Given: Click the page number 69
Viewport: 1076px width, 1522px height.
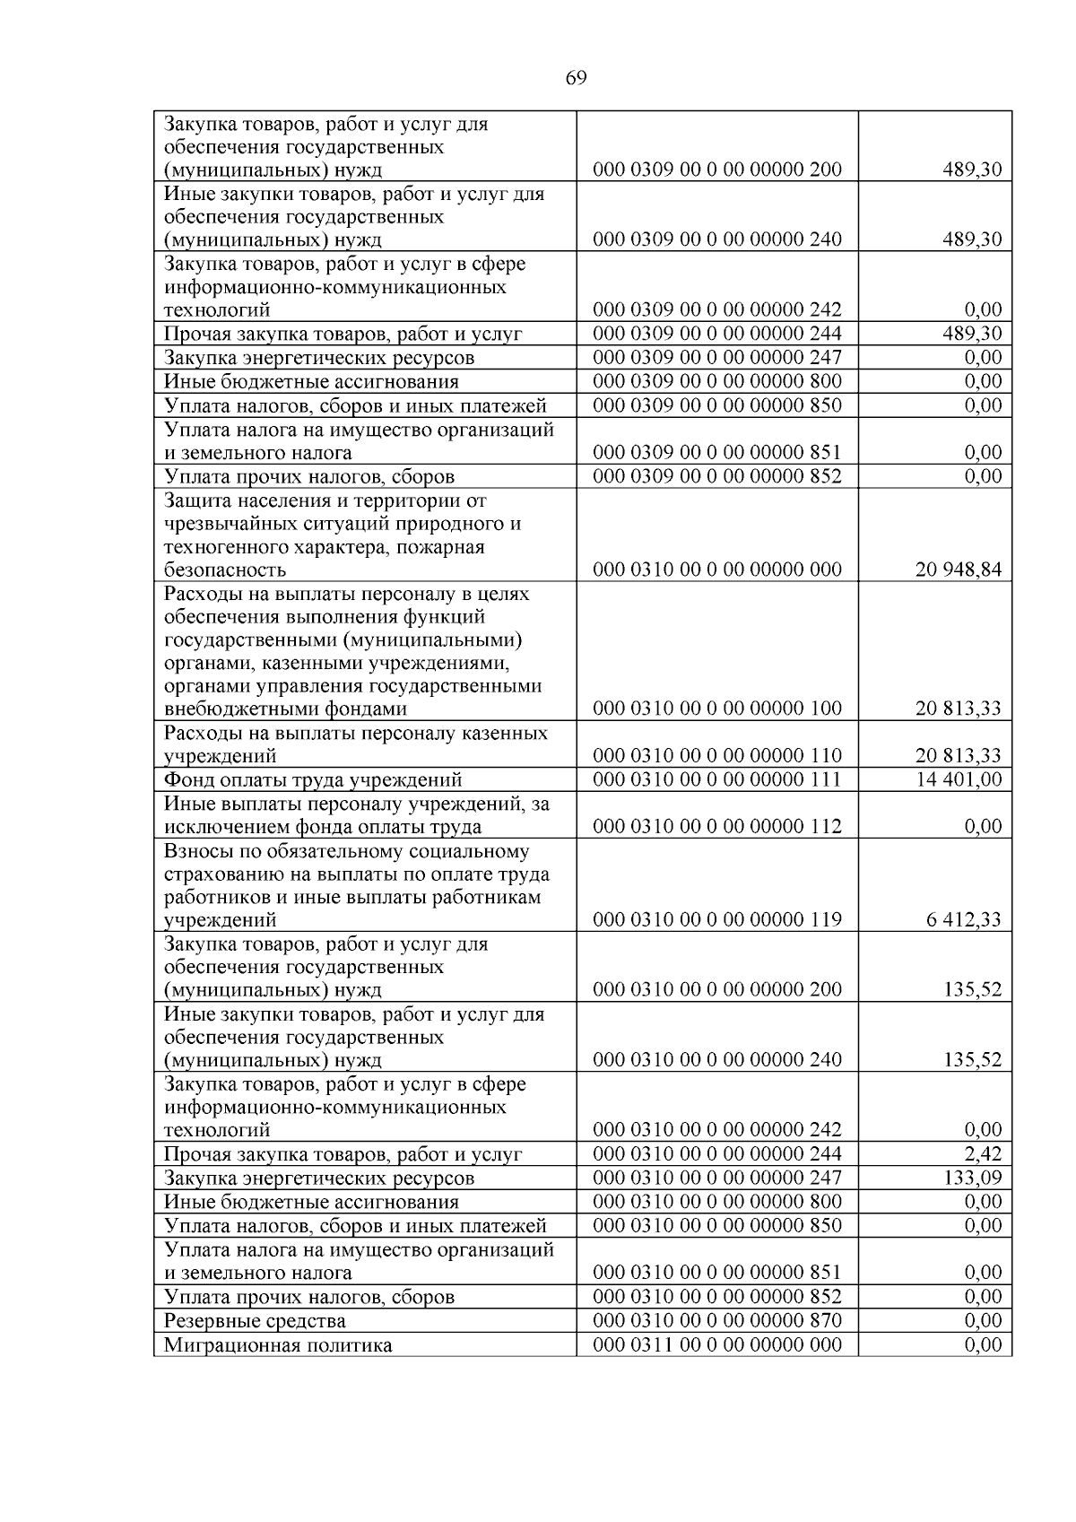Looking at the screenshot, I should [577, 79].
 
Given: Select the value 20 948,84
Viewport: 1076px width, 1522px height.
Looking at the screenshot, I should [958, 570].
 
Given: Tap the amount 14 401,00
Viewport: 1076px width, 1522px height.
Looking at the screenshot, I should [958, 779].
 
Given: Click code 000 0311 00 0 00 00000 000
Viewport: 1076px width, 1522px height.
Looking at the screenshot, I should [717, 1344].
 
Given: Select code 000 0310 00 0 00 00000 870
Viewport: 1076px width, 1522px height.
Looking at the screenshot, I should [717, 1320].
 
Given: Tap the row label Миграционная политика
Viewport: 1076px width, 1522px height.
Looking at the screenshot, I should [278, 1345].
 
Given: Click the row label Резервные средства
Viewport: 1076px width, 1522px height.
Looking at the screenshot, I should [255, 1321].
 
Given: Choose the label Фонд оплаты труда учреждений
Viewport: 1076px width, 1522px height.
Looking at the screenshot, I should [313, 780].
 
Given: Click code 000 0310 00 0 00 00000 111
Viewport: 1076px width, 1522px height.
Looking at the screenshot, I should [717, 779].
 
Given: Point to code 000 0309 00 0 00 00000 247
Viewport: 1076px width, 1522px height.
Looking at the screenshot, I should [717, 358].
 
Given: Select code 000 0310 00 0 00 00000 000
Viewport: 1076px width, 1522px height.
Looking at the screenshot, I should [717, 570].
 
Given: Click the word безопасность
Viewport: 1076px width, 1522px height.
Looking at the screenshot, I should [225, 570].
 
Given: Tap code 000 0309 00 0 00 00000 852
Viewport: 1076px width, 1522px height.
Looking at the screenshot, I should [717, 476].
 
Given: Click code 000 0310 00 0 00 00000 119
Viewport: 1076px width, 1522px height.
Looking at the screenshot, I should [717, 919].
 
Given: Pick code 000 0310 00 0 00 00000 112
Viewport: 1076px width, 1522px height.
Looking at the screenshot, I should [717, 827].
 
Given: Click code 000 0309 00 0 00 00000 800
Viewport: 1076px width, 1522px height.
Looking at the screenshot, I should [717, 381].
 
